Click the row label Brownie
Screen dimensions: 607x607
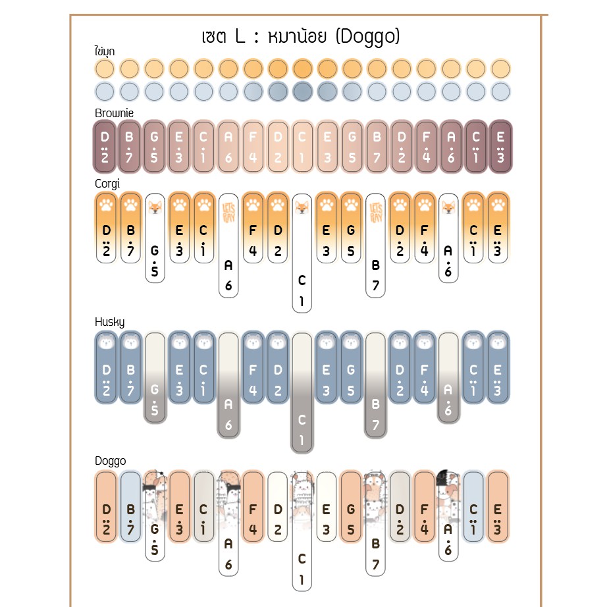click(x=114, y=113)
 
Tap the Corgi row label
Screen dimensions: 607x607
click(x=107, y=184)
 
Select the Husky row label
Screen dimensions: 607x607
click(x=109, y=322)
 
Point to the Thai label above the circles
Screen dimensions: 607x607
click(x=105, y=51)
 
